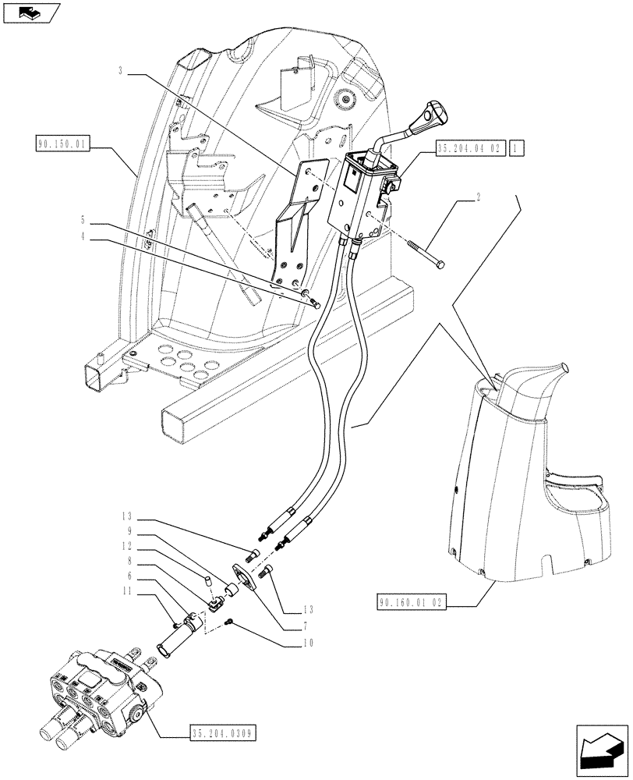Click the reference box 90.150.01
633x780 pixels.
point(63,144)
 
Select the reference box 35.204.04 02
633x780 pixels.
point(471,147)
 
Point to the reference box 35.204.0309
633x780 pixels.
point(222,732)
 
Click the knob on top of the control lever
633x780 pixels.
point(430,119)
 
